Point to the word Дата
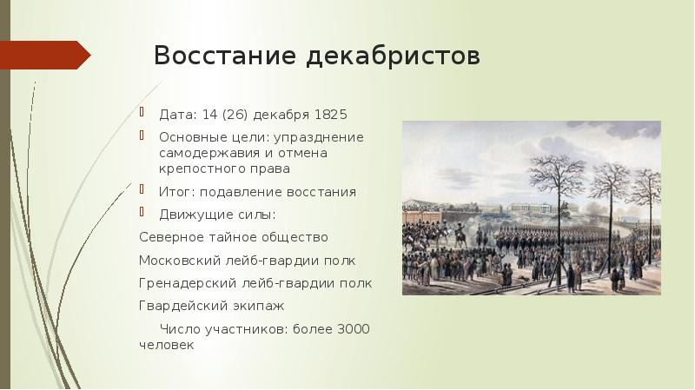click(176, 113)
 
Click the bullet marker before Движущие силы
click(143, 213)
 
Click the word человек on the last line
click(167, 345)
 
